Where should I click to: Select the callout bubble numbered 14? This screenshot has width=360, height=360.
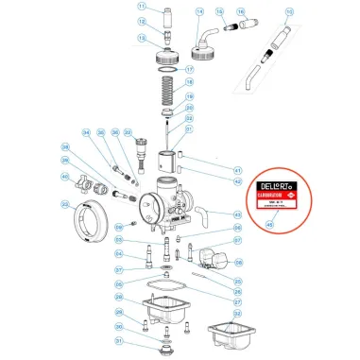click(x=199, y=12)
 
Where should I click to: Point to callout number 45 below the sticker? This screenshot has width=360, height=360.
click(x=277, y=224)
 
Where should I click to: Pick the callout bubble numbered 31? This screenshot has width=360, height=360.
click(x=118, y=341)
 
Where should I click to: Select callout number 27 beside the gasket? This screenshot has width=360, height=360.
click(x=237, y=290)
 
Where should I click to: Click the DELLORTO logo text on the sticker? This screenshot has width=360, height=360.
click(x=277, y=190)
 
